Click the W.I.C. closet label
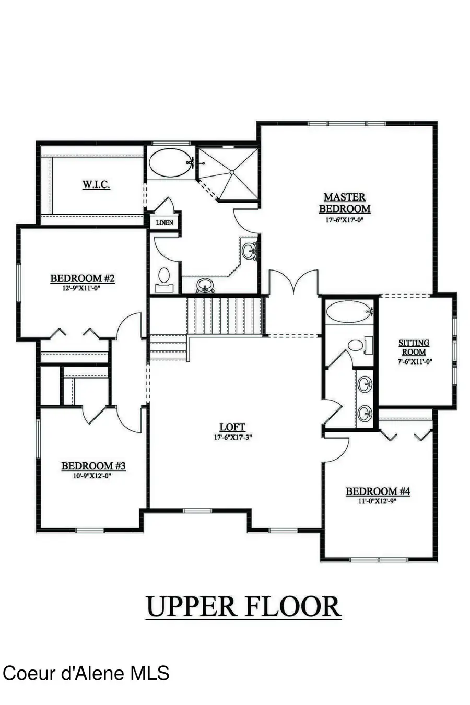[96, 184]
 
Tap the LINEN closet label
[164, 222]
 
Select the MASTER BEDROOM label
[345, 203]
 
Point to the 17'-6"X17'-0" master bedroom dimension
[345, 220]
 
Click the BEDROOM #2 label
[82, 278]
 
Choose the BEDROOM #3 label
[94, 466]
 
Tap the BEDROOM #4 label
[378, 491]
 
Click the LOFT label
[232, 427]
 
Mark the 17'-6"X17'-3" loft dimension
[232, 438]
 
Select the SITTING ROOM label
[414, 347]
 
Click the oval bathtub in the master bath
[171, 163]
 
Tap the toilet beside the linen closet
[164, 277]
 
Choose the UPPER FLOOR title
[243, 606]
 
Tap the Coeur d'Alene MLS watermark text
[86, 673]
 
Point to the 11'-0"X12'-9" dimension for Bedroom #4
[378, 501]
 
